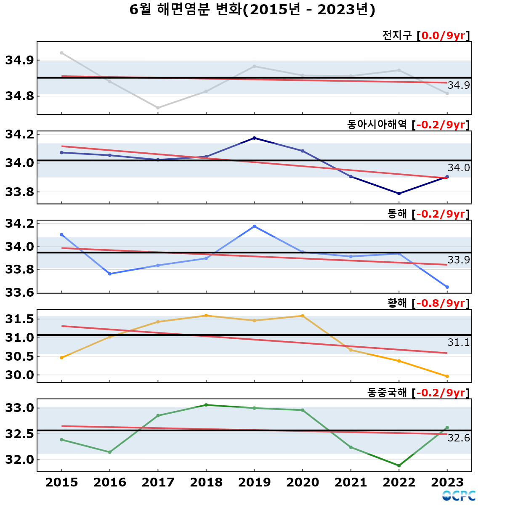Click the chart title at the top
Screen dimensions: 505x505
[x=252, y=10]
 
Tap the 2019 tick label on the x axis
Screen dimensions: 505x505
[x=254, y=482]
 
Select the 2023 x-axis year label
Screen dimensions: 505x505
[x=447, y=482]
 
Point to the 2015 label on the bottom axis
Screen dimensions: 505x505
[x=61, y=482]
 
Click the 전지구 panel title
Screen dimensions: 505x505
[x=397, y=35]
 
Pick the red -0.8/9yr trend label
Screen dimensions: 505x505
[x=440, y=303]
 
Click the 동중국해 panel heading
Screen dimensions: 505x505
[x=387, y=393]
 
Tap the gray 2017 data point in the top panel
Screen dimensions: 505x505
[x=158, y=108]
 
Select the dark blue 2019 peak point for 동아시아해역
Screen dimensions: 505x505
[x=254, y=138]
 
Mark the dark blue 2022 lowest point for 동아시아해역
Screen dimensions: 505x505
[x=399, y=194]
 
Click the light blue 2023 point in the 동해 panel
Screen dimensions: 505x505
[x=447, y=287]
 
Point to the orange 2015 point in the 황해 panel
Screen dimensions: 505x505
[x=61, y=358]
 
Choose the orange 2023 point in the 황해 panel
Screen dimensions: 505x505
[x=447, y=376]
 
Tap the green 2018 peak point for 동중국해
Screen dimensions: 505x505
[x=206, y=405]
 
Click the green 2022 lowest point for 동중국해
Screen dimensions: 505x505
[x=399, y=466]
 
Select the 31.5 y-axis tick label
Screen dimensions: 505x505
[x=20, y=319]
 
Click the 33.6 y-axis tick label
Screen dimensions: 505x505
[x=20, y=292]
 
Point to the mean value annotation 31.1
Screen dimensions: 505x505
[x=459, y=343]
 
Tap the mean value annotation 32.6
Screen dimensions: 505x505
[x=459, y=438]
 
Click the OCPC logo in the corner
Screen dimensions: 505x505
[x=459, y=496]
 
